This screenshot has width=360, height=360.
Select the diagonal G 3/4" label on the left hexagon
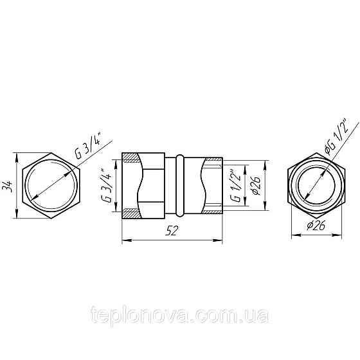(89, 145)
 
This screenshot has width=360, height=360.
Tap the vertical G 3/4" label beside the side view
(108, 186)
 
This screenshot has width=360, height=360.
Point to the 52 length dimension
(172, 233)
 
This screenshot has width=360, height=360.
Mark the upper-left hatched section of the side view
(130, 158)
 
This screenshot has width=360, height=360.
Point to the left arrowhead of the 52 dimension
(125, 240)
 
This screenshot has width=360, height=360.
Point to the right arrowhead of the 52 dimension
(220, 240)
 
